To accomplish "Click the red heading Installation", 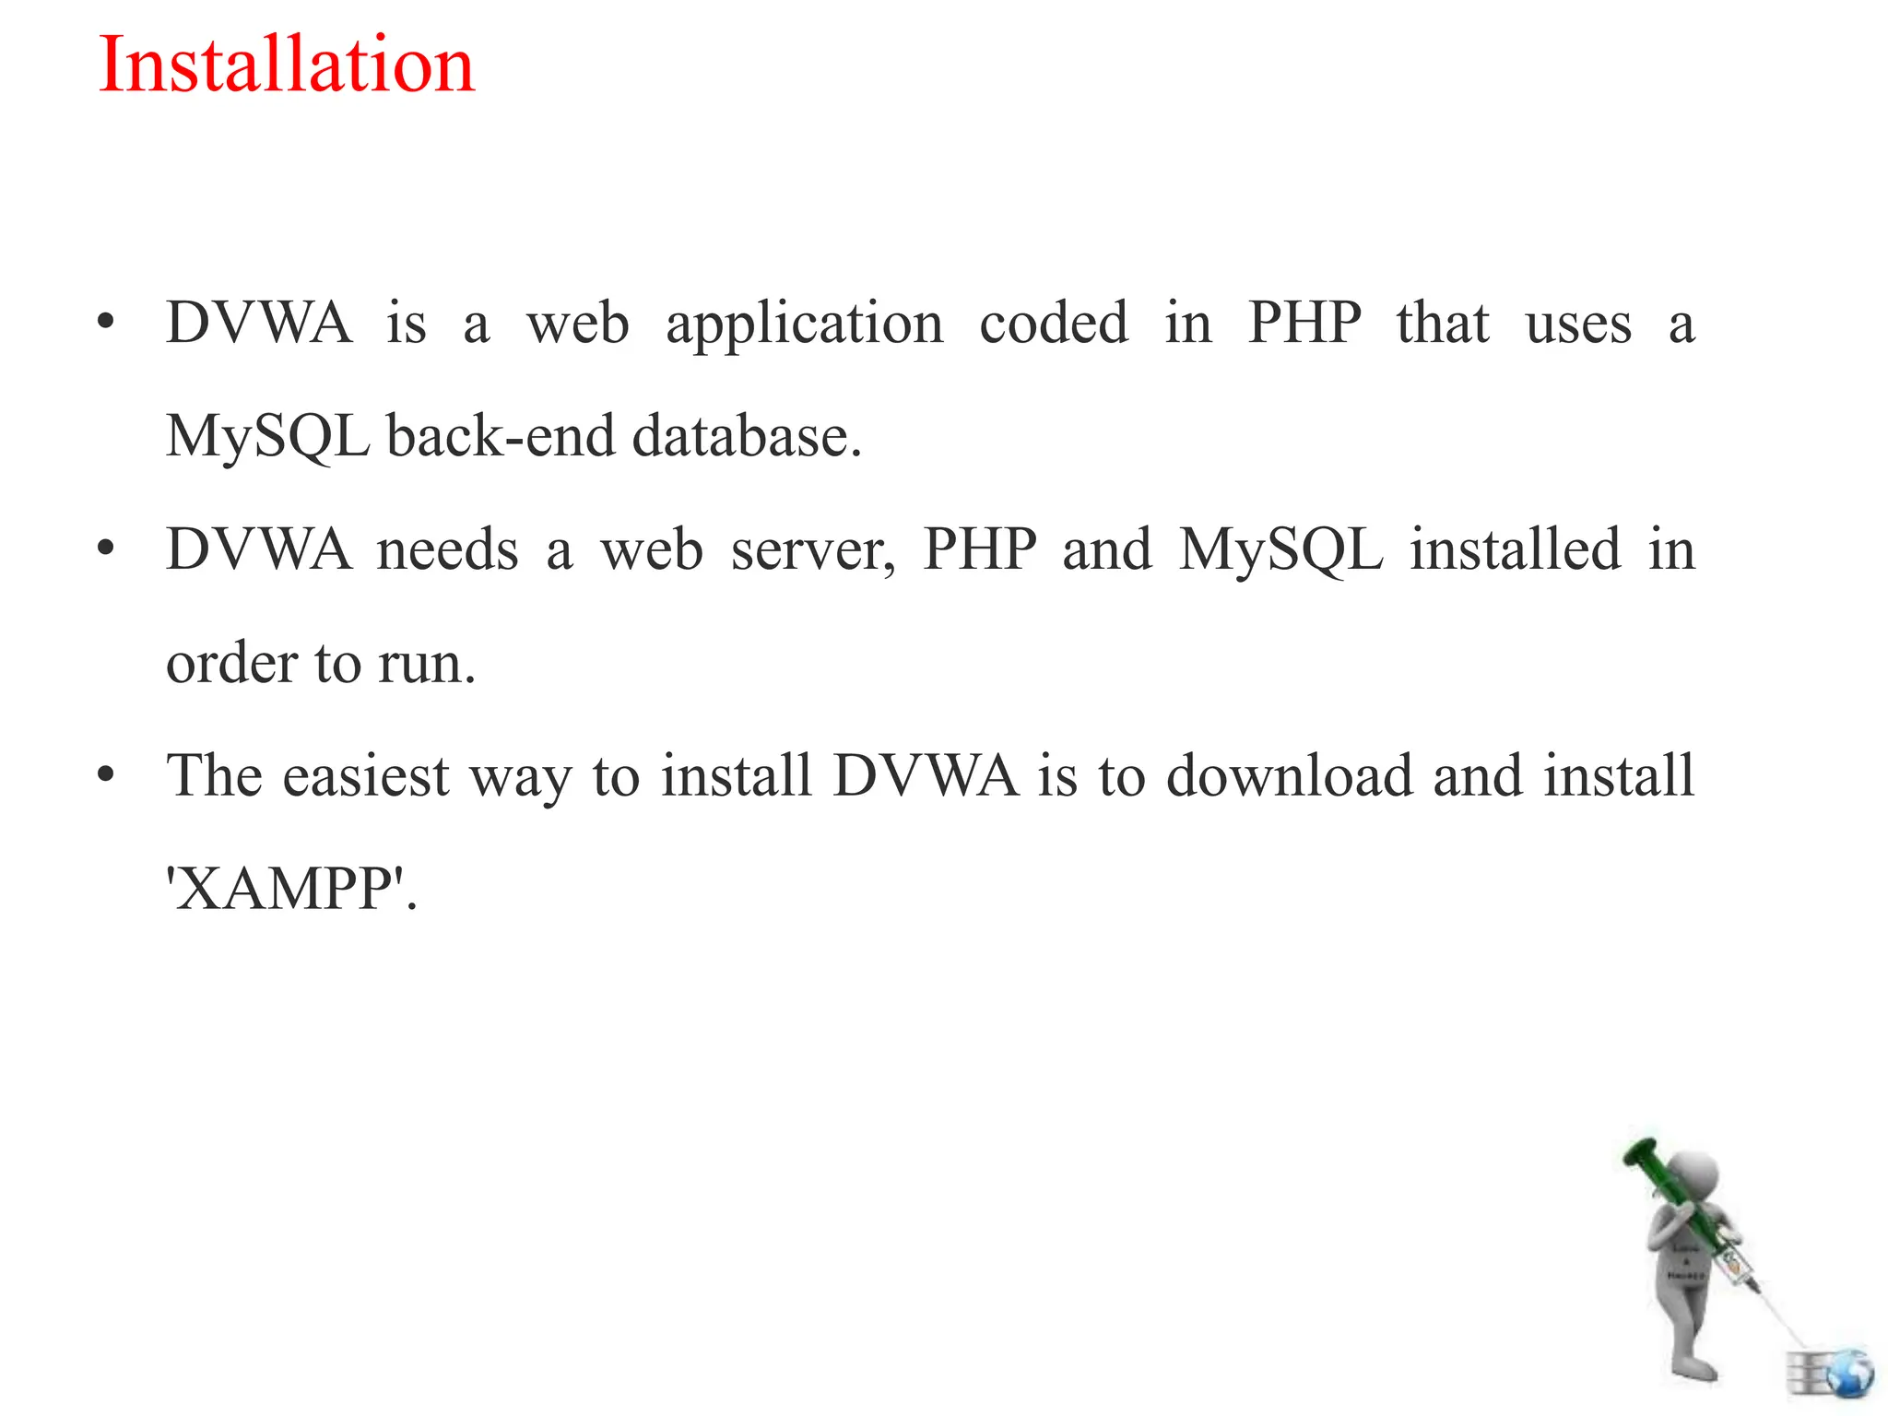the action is click(x=286, y=65).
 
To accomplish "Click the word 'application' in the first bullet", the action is click(x=805, y=324).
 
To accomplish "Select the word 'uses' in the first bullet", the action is click(x=1578, y=324).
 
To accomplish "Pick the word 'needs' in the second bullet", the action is click(x=448, y=549).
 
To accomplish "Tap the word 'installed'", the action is click(x=1516, y=549).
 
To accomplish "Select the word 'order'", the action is click(x=232, y=663).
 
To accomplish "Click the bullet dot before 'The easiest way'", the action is click(x=106, y=775).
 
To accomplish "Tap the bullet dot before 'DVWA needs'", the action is click(x=106, y=549).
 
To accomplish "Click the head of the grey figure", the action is click(x=1693, y=1181).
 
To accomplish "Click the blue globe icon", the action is click(x=1847, y=1375).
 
